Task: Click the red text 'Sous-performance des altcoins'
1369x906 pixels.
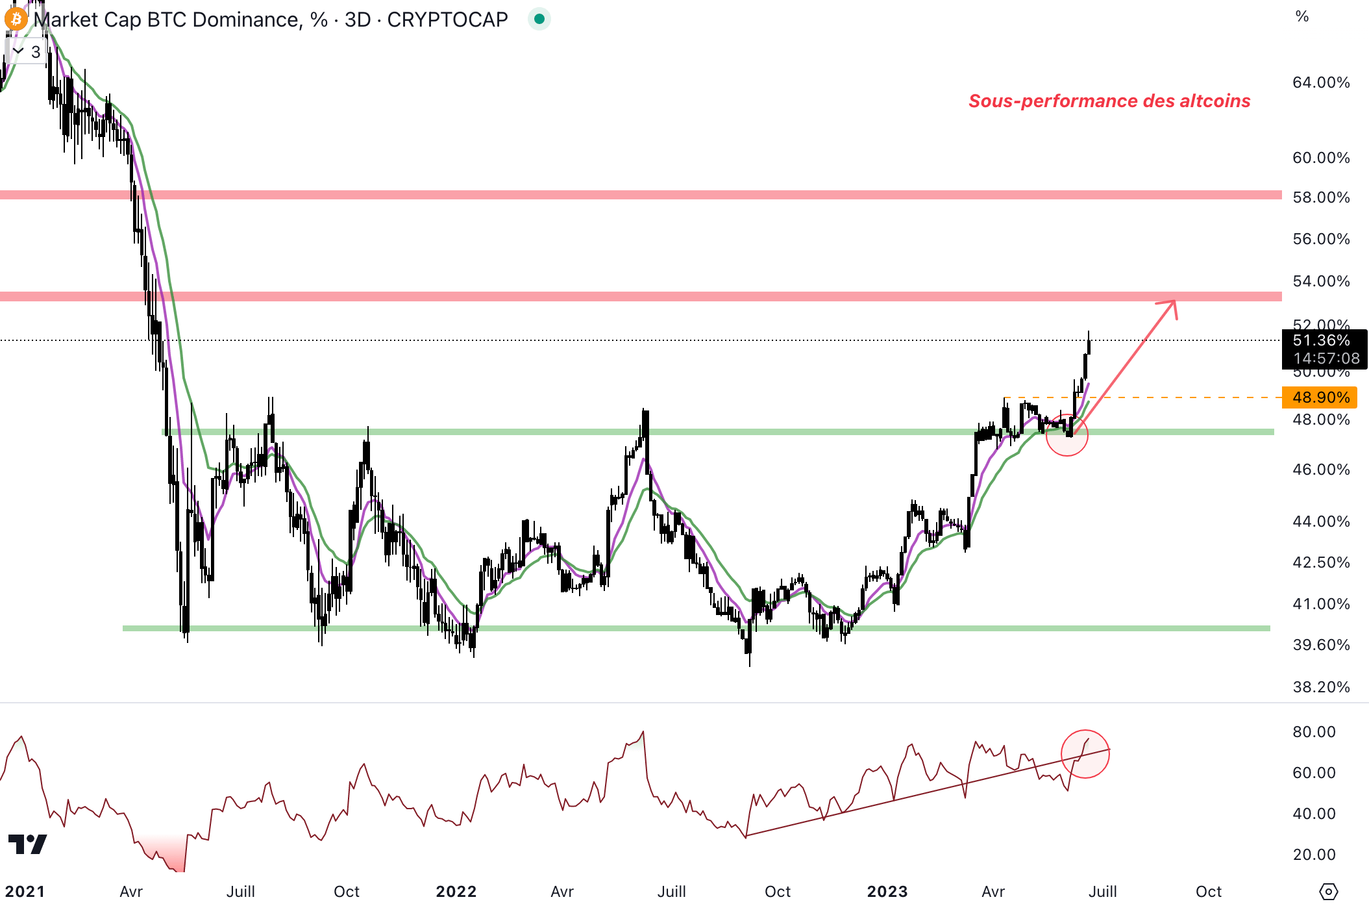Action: point(1109,101)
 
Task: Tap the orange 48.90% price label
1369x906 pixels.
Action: point(1320,397)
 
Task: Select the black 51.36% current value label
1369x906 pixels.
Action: point(1323,341)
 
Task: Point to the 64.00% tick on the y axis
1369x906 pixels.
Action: point(1320,82)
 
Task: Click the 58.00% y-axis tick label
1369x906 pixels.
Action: point(1320,197)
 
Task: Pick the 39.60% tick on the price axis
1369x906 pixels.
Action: point(1320,645)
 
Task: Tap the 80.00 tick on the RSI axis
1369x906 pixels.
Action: point(1313,732)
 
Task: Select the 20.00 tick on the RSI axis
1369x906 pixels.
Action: point(1313,855)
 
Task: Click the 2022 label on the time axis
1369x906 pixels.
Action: point(456,892)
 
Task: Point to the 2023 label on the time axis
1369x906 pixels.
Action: point(887,892)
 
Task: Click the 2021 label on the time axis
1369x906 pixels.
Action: point(25,892)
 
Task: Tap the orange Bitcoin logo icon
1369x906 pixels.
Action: point(16,19)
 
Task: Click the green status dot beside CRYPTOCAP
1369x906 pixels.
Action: point(539,19)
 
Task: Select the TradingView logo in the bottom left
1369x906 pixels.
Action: point(27,844)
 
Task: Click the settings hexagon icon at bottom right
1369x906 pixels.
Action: point(1328,892)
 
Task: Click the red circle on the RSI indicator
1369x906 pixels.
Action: point(1085,754)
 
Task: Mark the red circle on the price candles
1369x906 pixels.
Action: point(1067,435)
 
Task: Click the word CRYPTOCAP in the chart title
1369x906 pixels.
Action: point(447,19)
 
